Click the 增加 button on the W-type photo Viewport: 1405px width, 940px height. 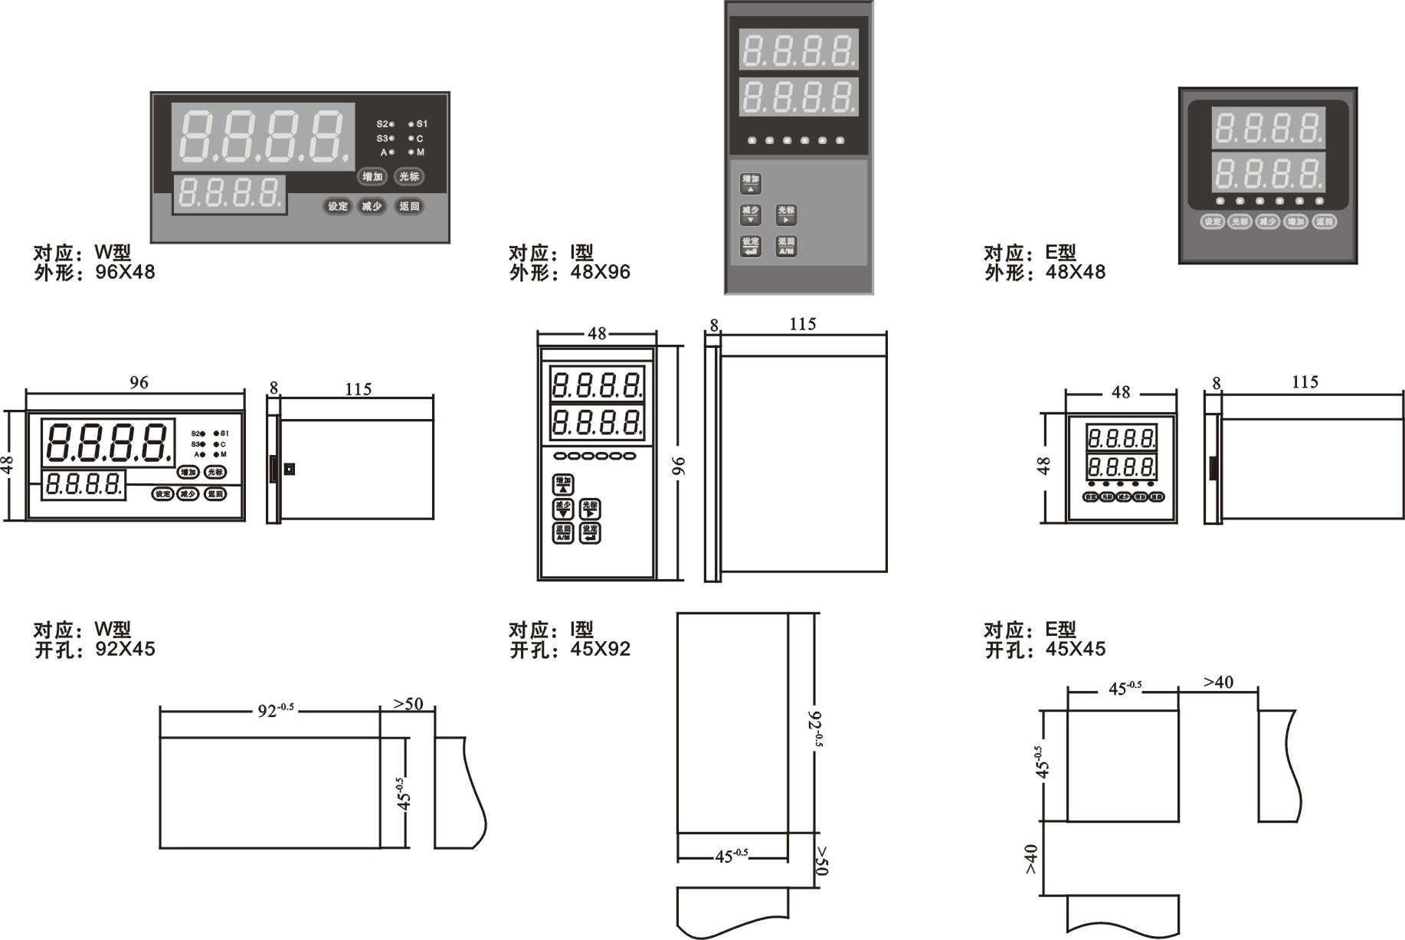372,177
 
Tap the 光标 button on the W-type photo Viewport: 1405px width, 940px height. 409,177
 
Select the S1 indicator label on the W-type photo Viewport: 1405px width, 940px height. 422,123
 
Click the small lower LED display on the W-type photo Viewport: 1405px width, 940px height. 229,195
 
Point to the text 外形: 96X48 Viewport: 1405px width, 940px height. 94,272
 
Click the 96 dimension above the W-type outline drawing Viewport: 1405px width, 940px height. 139,382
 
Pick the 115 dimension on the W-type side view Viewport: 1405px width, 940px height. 358,389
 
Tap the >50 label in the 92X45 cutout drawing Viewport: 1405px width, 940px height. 408,703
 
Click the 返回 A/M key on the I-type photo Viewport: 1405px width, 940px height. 786,246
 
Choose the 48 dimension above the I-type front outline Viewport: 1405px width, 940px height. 597,333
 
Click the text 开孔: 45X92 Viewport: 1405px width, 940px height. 570,650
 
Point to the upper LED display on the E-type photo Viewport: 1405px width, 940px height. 1268,128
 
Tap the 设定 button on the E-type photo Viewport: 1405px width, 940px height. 1212,222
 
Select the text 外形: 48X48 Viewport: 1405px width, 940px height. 1045,272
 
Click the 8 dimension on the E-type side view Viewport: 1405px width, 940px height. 1217,382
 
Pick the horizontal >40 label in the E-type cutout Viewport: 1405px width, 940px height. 1218,682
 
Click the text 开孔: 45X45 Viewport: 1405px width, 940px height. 1045,650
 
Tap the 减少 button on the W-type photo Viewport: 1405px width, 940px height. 372,206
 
